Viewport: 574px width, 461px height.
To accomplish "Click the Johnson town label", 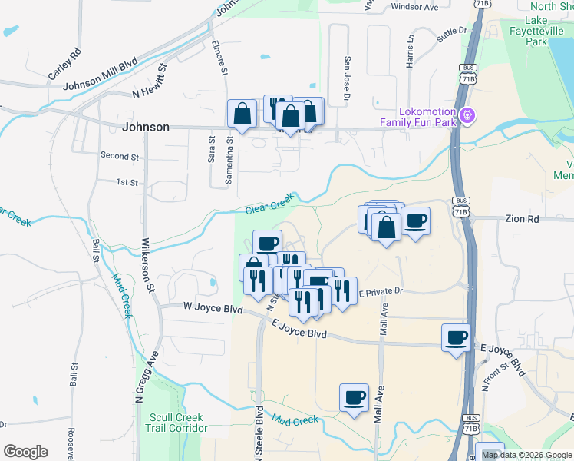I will coord(146,127).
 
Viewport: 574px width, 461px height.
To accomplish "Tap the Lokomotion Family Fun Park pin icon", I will coord(467,116).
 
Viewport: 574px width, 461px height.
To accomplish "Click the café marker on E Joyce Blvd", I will coord(457,338).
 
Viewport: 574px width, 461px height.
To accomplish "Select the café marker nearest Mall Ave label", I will coord(354,398).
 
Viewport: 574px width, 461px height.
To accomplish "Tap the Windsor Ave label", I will coord(414,7).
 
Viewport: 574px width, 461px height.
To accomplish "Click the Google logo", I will coord(25,452).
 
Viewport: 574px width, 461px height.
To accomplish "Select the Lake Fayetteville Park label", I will coord(536,32).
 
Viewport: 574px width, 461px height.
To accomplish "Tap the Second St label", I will coord(120,156).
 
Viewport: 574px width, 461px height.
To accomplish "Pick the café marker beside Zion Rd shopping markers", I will coord(415,221).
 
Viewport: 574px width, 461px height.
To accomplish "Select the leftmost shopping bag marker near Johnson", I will coord(242,114).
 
